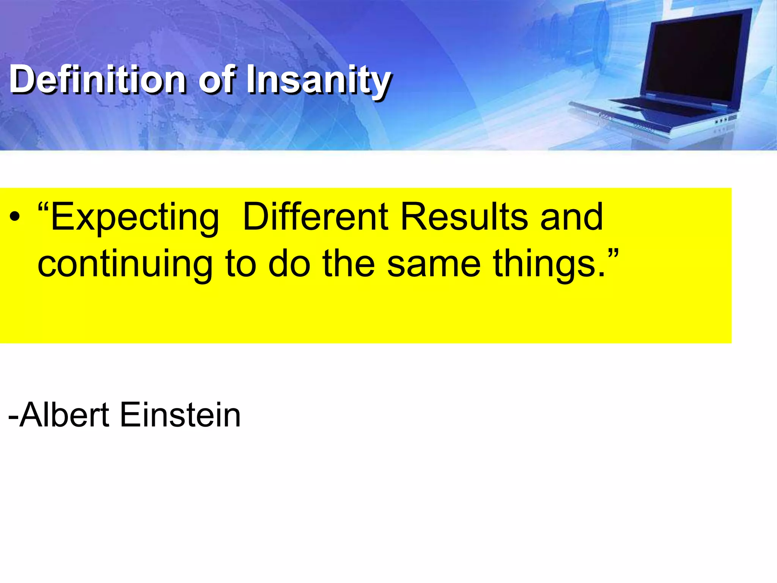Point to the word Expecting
[x=135, y=217]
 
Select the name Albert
[x=64, y=415]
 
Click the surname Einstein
[x=180, y=415]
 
